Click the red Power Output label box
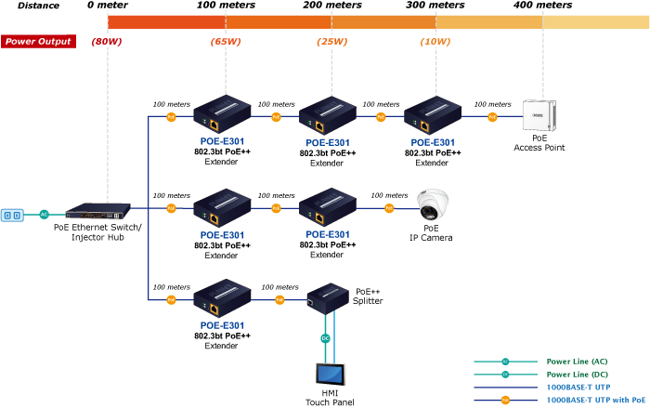[38, 41]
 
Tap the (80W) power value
[108, 41]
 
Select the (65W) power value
[227, 41]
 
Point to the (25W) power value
[331, 41]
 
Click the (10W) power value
[435, 41]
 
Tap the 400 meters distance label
[542, 6]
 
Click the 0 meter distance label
[108, 6]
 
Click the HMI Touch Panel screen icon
[332, 373]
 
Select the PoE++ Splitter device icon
[326, 297]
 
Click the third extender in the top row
[432, 114]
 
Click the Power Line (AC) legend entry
[576, 361]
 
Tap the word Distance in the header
[38, 6]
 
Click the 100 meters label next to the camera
[389, 196]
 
